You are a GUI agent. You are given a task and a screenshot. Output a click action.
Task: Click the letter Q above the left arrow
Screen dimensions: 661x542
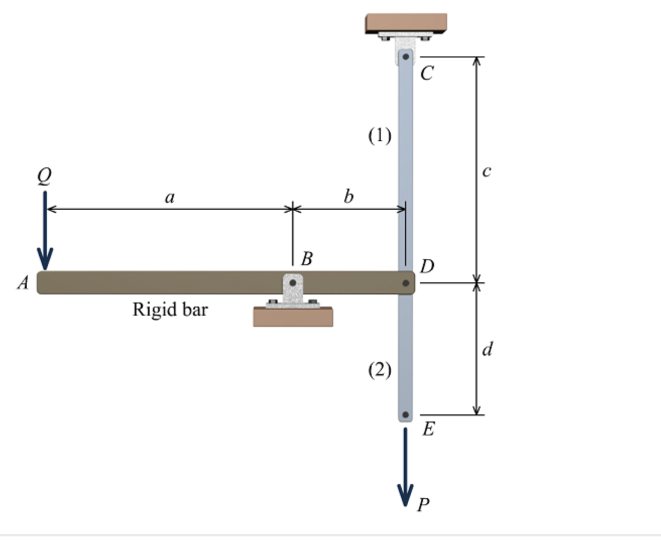[x=44, y=176]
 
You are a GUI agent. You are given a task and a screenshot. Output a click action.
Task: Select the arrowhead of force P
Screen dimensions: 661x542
[x=405, y=495]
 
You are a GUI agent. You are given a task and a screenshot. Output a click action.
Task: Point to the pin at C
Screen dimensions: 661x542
[x=405, y=57]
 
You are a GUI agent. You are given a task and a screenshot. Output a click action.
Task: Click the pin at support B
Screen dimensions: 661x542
[x=293, y=283]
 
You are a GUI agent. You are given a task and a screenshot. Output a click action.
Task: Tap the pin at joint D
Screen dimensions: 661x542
[x=405, y=283]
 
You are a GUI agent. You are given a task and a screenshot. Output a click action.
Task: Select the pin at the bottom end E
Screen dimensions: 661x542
[x=405, y=415]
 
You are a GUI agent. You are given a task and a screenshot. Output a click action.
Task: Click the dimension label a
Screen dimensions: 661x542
[x=170, y=198]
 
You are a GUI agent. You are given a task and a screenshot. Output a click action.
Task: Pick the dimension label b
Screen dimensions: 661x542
[x=348, y=197]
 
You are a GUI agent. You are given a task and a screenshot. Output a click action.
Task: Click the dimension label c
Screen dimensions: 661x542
[x=487, y=171]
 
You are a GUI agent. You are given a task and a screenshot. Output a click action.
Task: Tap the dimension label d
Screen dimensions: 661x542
[x=488, y=349]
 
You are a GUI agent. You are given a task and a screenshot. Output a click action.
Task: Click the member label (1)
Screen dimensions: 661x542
[x=380, y=136]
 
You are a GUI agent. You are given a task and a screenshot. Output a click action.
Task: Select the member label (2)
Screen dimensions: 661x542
[x=380, y=370]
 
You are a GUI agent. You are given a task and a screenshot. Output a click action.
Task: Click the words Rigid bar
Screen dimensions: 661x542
[x=170, y=310]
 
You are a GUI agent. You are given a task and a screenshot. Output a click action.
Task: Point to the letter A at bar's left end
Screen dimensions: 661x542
[x=23, y=283]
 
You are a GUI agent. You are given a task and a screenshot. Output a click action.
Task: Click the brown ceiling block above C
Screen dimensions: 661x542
[x=406, y=23]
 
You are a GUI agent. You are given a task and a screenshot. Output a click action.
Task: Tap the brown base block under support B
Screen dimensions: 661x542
[x=293, y=317]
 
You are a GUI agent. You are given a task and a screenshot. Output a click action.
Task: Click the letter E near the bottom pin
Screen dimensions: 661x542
[x=429, y=429]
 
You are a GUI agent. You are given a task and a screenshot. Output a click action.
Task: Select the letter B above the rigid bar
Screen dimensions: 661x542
[x=307, y=259]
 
